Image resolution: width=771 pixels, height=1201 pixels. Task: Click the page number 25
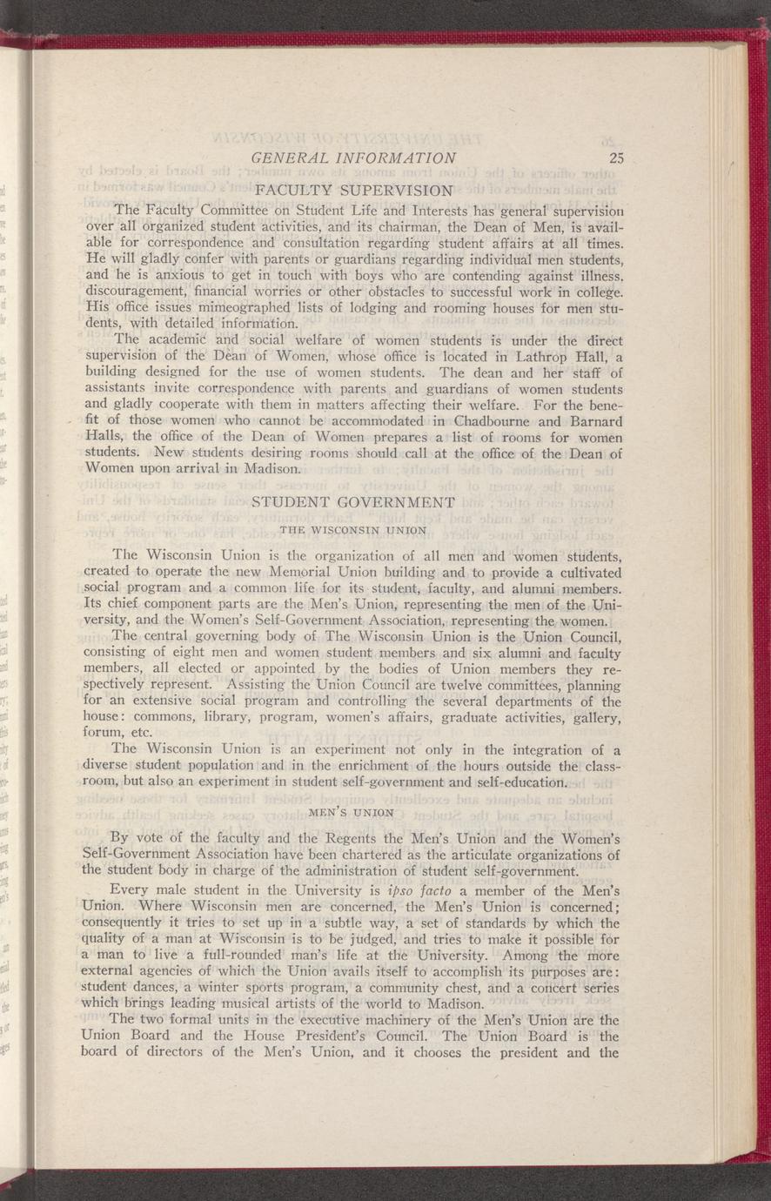click(618, 158)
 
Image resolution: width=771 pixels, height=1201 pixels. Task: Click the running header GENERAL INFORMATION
click(352, 158)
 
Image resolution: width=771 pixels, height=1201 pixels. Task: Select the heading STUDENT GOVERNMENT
click(352, 502)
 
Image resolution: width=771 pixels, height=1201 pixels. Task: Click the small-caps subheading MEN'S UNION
click(352, 812)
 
